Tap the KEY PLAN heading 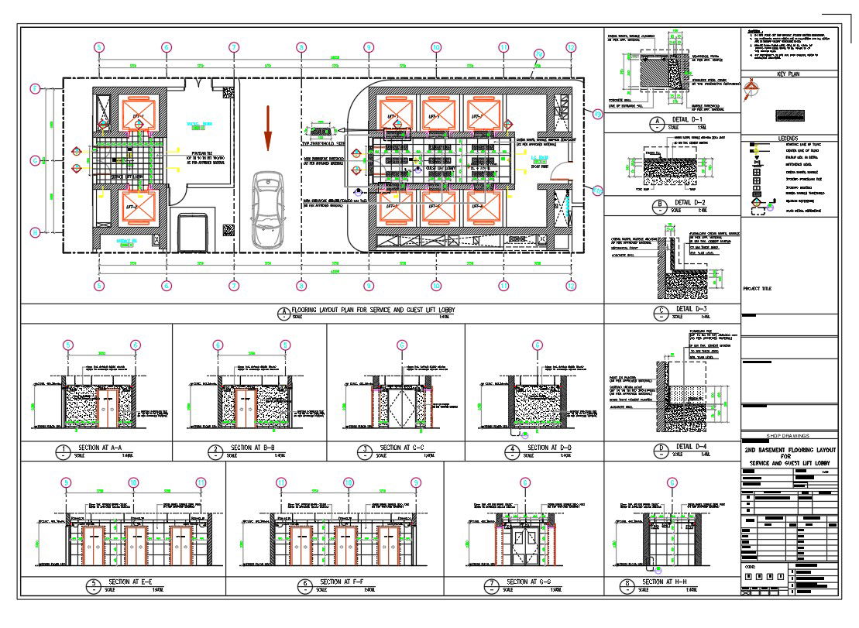(x=788, y=74)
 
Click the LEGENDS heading (x=788, y=139)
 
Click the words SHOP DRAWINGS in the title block (x=788, y=435)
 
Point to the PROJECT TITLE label (x=758, y=289)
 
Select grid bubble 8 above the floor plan (x=301, y=47)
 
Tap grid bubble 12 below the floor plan (x=571, y=286)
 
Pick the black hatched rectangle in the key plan (x=788, y=115)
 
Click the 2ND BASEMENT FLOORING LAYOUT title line (x=789, y=449)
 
